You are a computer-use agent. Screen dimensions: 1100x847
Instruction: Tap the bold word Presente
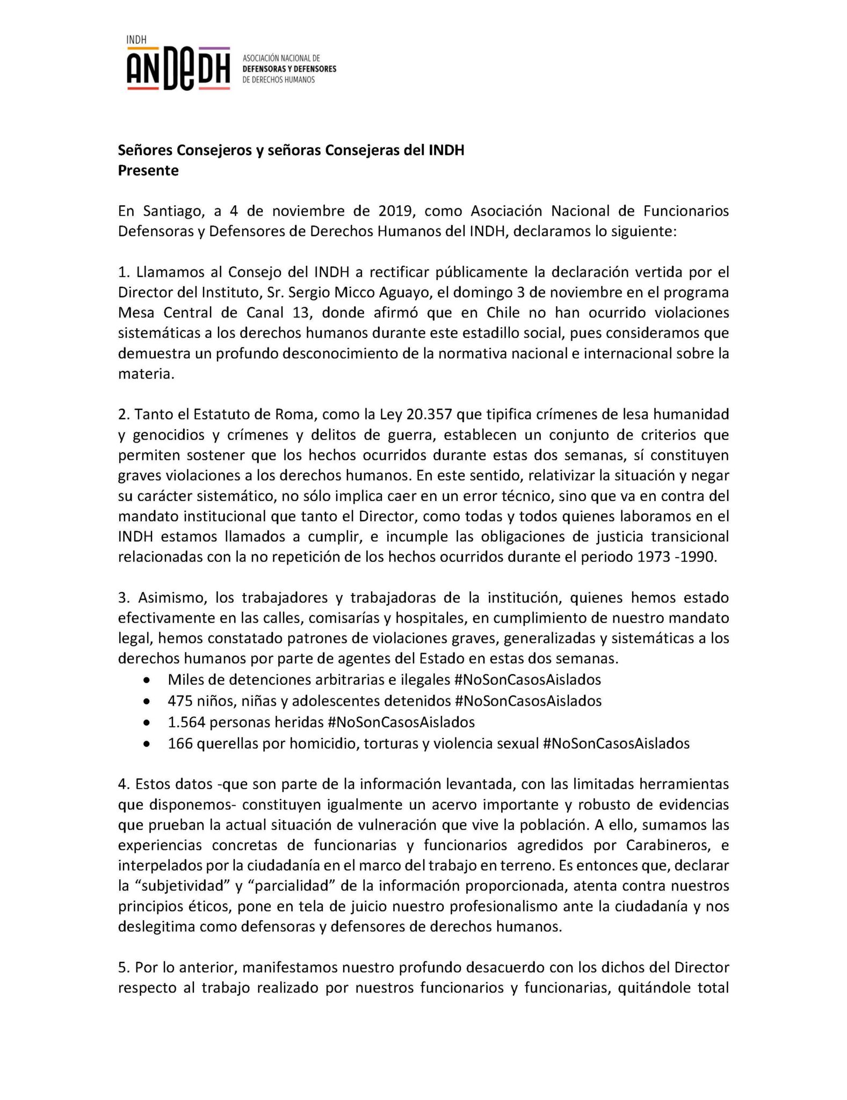coord(148,171)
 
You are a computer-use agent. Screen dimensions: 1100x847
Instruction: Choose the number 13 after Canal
coord(303,313)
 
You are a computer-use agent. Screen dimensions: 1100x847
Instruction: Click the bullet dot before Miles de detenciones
coord(147,681)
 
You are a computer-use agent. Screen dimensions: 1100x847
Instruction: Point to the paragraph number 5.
coord(123,968)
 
